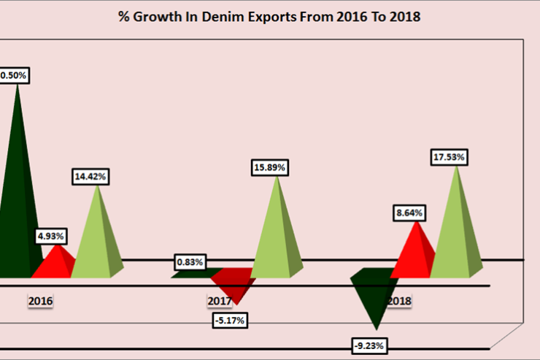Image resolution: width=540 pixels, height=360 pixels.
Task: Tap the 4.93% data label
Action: pyautogui.click(x=52, y=236)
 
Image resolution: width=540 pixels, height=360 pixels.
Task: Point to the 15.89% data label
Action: pyautogui.click(x=270, y=167)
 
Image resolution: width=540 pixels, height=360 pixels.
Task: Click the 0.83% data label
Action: pyautogui.click(x=189, y=261)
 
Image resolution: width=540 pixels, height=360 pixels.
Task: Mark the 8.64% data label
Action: pyautogui.click(x=408, y=213)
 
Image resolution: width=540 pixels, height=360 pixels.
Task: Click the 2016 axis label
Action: pyautogui.click(x=40, y=300)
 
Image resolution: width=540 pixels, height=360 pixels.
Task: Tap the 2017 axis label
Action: pyautogui.click(x=220, y=300)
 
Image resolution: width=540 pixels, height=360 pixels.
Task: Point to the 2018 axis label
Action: pyautogui.click(x=399, y=300)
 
